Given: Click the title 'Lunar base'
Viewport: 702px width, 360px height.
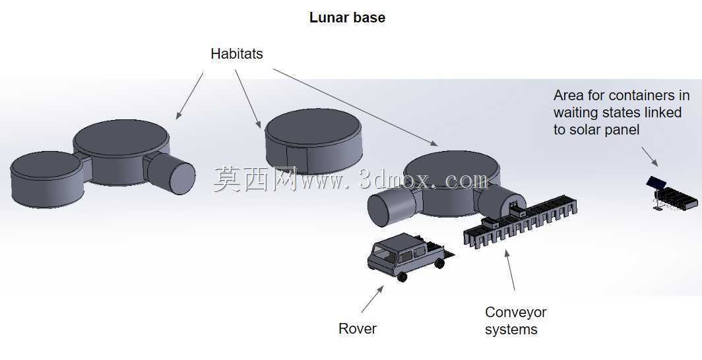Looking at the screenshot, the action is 347,17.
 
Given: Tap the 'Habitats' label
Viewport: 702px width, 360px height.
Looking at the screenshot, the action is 236,53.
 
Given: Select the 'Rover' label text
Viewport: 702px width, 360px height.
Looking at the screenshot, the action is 358,329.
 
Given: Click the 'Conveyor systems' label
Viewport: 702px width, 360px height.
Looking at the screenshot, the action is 515,320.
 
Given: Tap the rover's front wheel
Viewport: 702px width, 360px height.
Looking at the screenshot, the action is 402,277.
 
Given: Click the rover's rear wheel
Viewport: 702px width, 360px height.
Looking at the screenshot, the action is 439,263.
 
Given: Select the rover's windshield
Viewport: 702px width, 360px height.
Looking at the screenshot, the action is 384,254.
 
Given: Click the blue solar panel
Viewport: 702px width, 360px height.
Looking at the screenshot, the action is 656,183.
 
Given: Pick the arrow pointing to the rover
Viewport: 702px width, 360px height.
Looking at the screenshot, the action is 373,299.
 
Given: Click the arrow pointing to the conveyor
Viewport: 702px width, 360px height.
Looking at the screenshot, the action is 510,270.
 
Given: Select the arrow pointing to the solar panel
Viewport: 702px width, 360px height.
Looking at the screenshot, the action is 650,156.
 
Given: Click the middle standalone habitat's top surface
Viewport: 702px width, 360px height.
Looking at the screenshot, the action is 313,127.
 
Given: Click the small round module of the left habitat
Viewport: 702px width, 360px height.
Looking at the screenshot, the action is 47,179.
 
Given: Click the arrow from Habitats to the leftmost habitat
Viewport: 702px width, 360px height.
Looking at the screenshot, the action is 190,96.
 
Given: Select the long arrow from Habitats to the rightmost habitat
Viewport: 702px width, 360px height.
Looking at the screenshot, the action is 356,107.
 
